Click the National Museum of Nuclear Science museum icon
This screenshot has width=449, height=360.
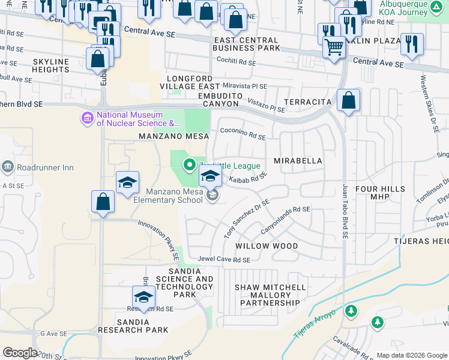point(88,117)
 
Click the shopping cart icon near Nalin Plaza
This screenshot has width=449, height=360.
point(334,47)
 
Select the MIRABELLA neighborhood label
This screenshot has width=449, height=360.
point(298,161)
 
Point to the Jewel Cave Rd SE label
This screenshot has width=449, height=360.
point(224,260)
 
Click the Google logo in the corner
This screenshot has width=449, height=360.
point(20,352)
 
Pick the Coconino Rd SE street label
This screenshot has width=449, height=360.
point(243,136)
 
